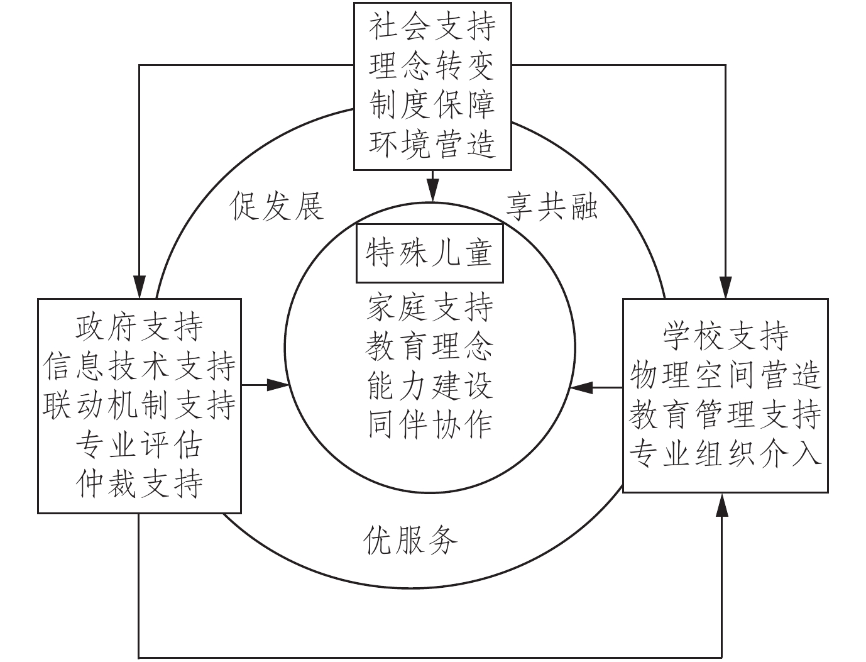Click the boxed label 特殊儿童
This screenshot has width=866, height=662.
click(x=430, y=253)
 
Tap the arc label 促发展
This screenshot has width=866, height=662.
click(x=277, y=206)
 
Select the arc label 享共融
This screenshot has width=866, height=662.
click(x=551, y=206)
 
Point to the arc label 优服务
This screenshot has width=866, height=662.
click(x=410, y=539)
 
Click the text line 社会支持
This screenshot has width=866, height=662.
click(x=432, y=26)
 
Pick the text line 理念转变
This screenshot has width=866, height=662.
click(x=432, y=65)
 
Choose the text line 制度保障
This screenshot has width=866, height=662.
click(x=432, y=104)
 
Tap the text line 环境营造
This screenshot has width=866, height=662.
click(x=432, y=143)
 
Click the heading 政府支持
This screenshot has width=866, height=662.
click(x=139, y=326)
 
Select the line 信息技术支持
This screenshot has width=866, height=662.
click(x=139, y=366)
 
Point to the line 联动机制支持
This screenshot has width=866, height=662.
click(x=139, y=405)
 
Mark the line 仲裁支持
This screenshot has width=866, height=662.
click(x=139, y=484)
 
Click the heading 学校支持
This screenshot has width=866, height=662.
click(x=725, y=335)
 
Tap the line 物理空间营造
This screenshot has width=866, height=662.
click(x=725, y=375)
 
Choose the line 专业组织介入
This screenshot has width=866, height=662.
click(x=725, y=453)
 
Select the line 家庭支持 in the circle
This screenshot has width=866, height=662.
click(x=430, y=307)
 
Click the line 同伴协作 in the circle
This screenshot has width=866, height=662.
click(x=430, y=425)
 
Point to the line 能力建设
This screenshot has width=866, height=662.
click(x=430, y=386)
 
